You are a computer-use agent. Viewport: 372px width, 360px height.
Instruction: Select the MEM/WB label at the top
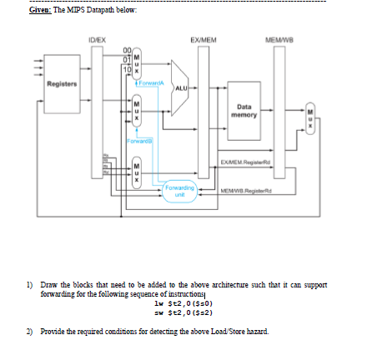coord(275,37)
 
